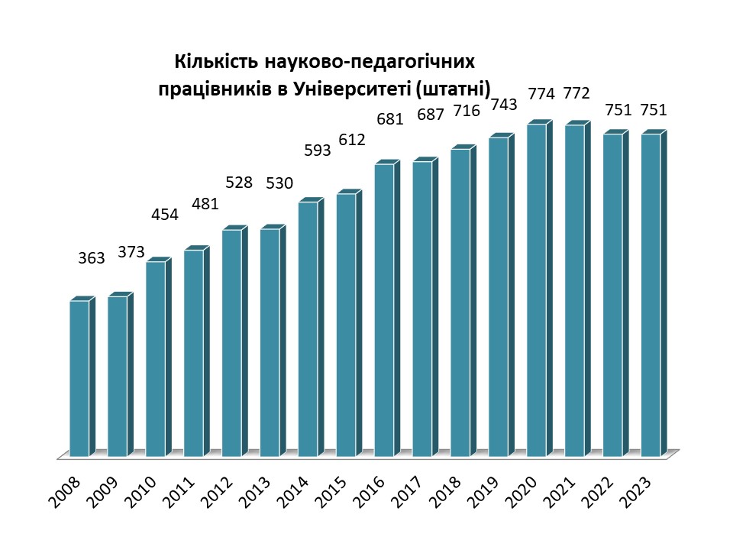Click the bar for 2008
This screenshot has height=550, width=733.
pos(79,378)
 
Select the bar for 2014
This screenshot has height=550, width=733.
pos(308,328)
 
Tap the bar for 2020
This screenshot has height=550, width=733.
pos(536,290)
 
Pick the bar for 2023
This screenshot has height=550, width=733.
pos(651,295)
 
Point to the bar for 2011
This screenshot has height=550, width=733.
pos(194,353)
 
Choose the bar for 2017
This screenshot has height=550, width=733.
pos(422,309)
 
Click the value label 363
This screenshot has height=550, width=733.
pos(92,258)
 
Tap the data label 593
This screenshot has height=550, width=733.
pos(317,150)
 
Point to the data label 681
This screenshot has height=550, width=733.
pos(389,119)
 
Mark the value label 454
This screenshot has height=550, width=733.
pos(164,215)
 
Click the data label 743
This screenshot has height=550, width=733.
pos(505,105)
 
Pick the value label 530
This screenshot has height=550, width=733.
pos(279,183)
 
